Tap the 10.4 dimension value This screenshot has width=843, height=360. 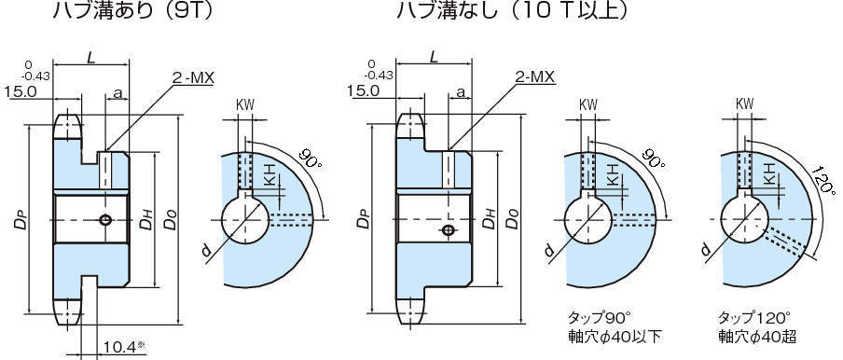[120, 347]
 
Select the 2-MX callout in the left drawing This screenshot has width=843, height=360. [193, 78]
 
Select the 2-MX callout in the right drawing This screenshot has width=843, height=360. [535, 78]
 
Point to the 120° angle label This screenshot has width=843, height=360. [823, 181]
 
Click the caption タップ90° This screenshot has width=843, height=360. [602, 316]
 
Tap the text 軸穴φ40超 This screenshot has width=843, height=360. [757, 338]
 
